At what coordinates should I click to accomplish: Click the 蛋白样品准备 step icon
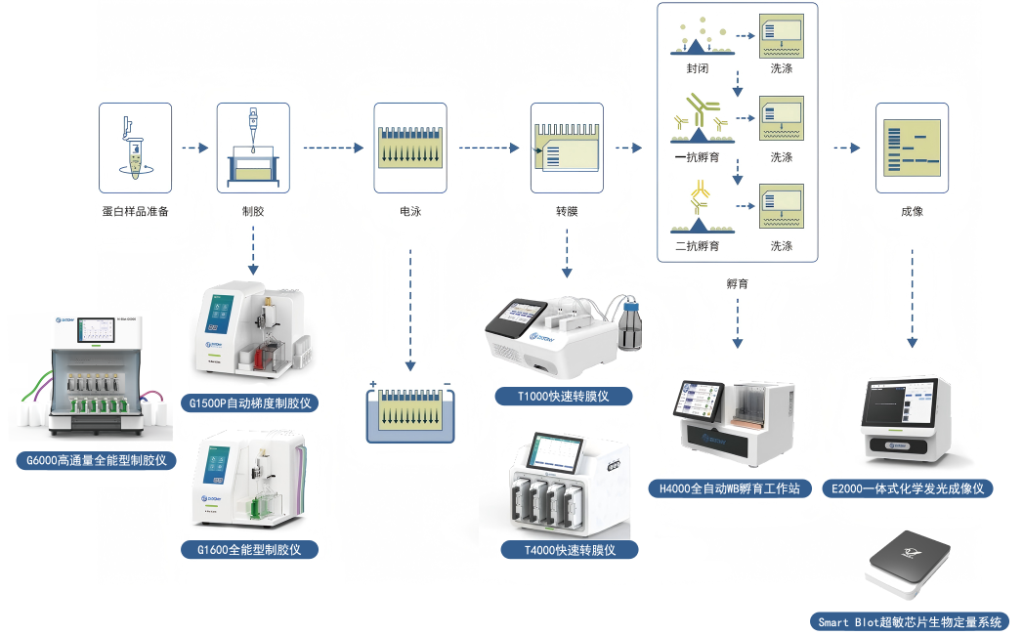click(x=135, y=148)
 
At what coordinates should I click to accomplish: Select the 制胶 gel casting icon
click(x=253, y=148)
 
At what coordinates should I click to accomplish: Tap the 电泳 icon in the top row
click(x=410, y=148)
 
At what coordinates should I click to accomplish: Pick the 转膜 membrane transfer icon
click(x=567, y=148)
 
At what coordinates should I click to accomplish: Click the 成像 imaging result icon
click(x=913, y=148)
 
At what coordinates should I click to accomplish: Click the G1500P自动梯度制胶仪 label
click(x=252, y=402)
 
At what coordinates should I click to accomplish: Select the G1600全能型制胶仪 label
click(x=253, y=550)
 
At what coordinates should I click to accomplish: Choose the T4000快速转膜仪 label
click(x=570, y=550)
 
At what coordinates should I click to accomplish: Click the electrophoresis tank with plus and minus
click(x=410, y=411)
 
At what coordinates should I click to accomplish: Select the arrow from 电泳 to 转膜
click(x=489, y=148)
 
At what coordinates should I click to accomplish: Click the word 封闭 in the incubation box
click(x=697, y=68)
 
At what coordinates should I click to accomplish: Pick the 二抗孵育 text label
click(x=697, y=246)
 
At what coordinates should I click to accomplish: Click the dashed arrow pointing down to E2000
click(x=913, y=298)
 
